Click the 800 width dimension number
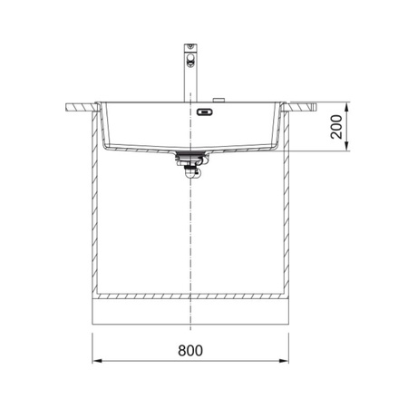tap(190, 351)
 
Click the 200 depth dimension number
tap(336, 127)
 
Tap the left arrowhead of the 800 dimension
tap(97, 361)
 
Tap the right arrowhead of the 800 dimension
tap(284, 361)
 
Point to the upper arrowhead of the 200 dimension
tap(347, 107)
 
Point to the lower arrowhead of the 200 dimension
tap(347, 146)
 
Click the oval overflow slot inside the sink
tap(205, 112)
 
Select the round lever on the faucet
tap(190, 58)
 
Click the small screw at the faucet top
tap(190, 46)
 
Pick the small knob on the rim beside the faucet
tap(219, 100)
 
